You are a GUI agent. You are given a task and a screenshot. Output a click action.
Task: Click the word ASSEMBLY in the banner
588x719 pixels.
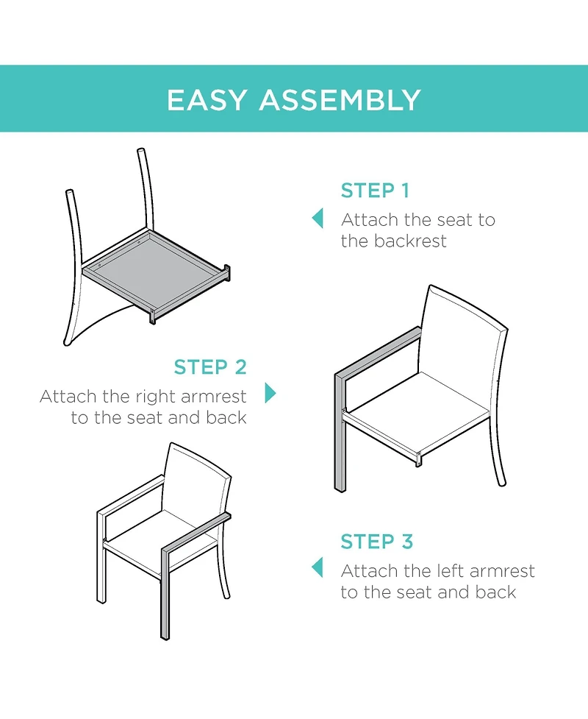[340, 100]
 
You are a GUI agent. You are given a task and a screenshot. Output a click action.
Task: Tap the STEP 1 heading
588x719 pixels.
[374, 191]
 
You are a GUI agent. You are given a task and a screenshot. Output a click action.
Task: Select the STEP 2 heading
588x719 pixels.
[210, 366]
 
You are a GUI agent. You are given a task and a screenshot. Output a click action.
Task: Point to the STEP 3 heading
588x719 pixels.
[376, 542]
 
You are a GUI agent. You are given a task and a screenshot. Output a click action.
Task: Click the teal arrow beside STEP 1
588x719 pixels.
[318, 219]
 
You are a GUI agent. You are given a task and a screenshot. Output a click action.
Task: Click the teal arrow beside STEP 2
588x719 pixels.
[270, 392]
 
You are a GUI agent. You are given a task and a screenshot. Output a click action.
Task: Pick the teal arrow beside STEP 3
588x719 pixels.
[318, 567]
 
